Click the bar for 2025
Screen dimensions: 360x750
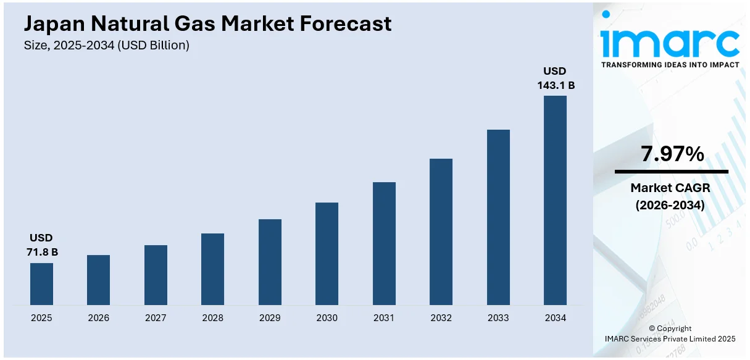click(x=41, y=283)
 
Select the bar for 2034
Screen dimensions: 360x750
click(x=555, y=200)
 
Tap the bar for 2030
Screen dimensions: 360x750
click(x=327, y=253)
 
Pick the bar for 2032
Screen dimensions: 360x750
click(x=441, y=232)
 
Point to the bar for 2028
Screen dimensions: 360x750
click(x=212, y=269)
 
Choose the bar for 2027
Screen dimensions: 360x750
click(x=156, y=275)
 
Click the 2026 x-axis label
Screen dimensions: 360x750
click(x=98, y=318)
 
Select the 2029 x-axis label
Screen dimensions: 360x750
click(x=270, y=318)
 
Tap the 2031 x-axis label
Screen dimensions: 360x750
click(x=384, y=318)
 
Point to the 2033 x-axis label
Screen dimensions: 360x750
click(x=498, y=318)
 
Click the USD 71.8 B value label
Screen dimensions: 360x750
click(x=41, y=245)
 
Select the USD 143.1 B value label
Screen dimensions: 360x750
click(x=555, y=78)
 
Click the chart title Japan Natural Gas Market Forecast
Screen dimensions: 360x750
click(x=207, y=23)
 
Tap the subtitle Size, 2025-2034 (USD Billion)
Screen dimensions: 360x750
click(x=107, y=45)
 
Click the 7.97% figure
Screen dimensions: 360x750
click(x=672, y=154)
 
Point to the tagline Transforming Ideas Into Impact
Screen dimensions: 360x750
click(x=670, y=65)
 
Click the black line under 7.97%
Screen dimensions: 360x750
click(x=671, y=172)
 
